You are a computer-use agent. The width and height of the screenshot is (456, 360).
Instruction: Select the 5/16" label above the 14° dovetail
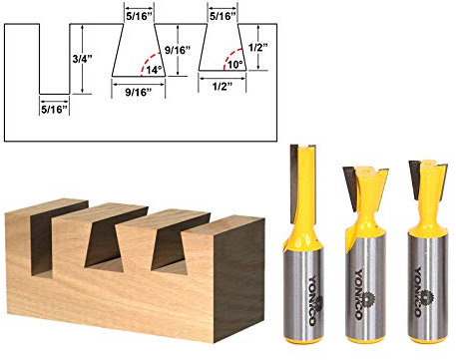pos(140,15)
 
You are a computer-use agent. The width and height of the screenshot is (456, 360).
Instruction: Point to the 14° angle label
pos(152,69)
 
